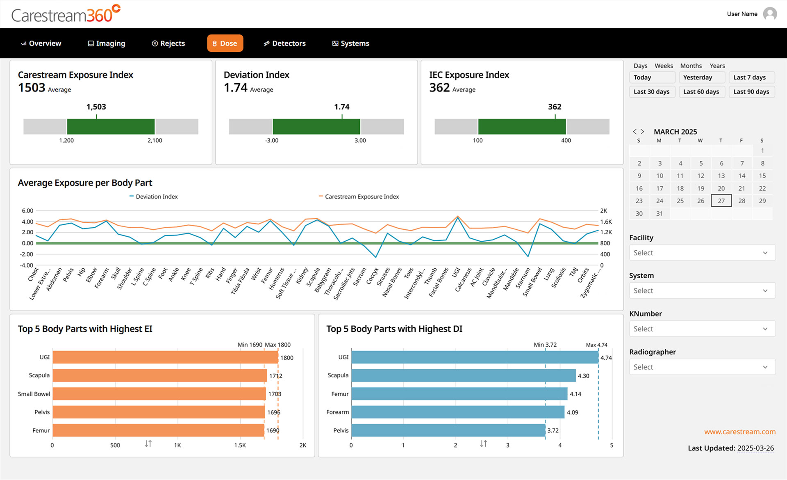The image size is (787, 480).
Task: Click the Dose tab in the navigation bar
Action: point(225,43)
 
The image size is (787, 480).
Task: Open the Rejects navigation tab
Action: point(168,43)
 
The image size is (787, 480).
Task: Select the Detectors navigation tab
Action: point(284,43)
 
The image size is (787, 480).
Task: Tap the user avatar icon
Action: point(770,14)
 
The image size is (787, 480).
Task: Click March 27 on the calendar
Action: point(721,201)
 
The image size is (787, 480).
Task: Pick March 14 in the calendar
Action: point(742,176)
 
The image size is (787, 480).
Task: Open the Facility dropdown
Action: point(702,253)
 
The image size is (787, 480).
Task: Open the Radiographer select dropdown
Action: point(702,367)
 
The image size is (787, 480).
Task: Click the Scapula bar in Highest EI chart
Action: point(160,375)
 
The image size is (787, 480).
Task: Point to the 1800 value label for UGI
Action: point(287,358)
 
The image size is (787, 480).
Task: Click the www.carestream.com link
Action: point(739,432)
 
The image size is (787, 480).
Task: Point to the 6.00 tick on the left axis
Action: point(27,211)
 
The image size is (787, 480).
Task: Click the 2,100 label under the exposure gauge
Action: point(155,140)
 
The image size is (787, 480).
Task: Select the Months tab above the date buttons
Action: point(691,66)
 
